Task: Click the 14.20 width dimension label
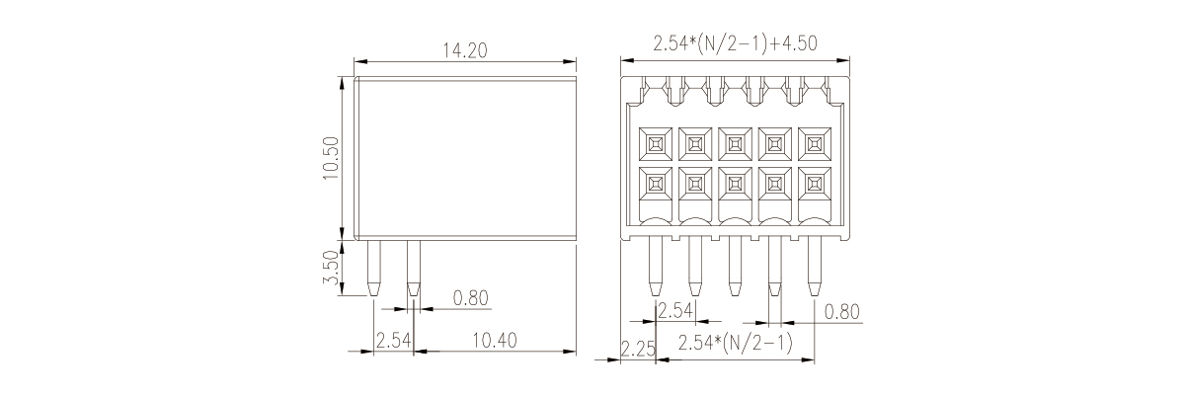[465, 50]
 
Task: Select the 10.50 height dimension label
[331, 158]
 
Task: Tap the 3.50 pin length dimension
[331, 268]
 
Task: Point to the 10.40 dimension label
[494, 341]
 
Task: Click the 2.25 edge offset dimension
[638, 349]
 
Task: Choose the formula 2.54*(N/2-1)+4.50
[736, 43]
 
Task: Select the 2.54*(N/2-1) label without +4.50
[736, 343]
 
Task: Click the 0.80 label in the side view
[471, 298]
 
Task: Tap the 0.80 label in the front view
[842, 312]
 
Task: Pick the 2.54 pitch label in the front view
[675, 311]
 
